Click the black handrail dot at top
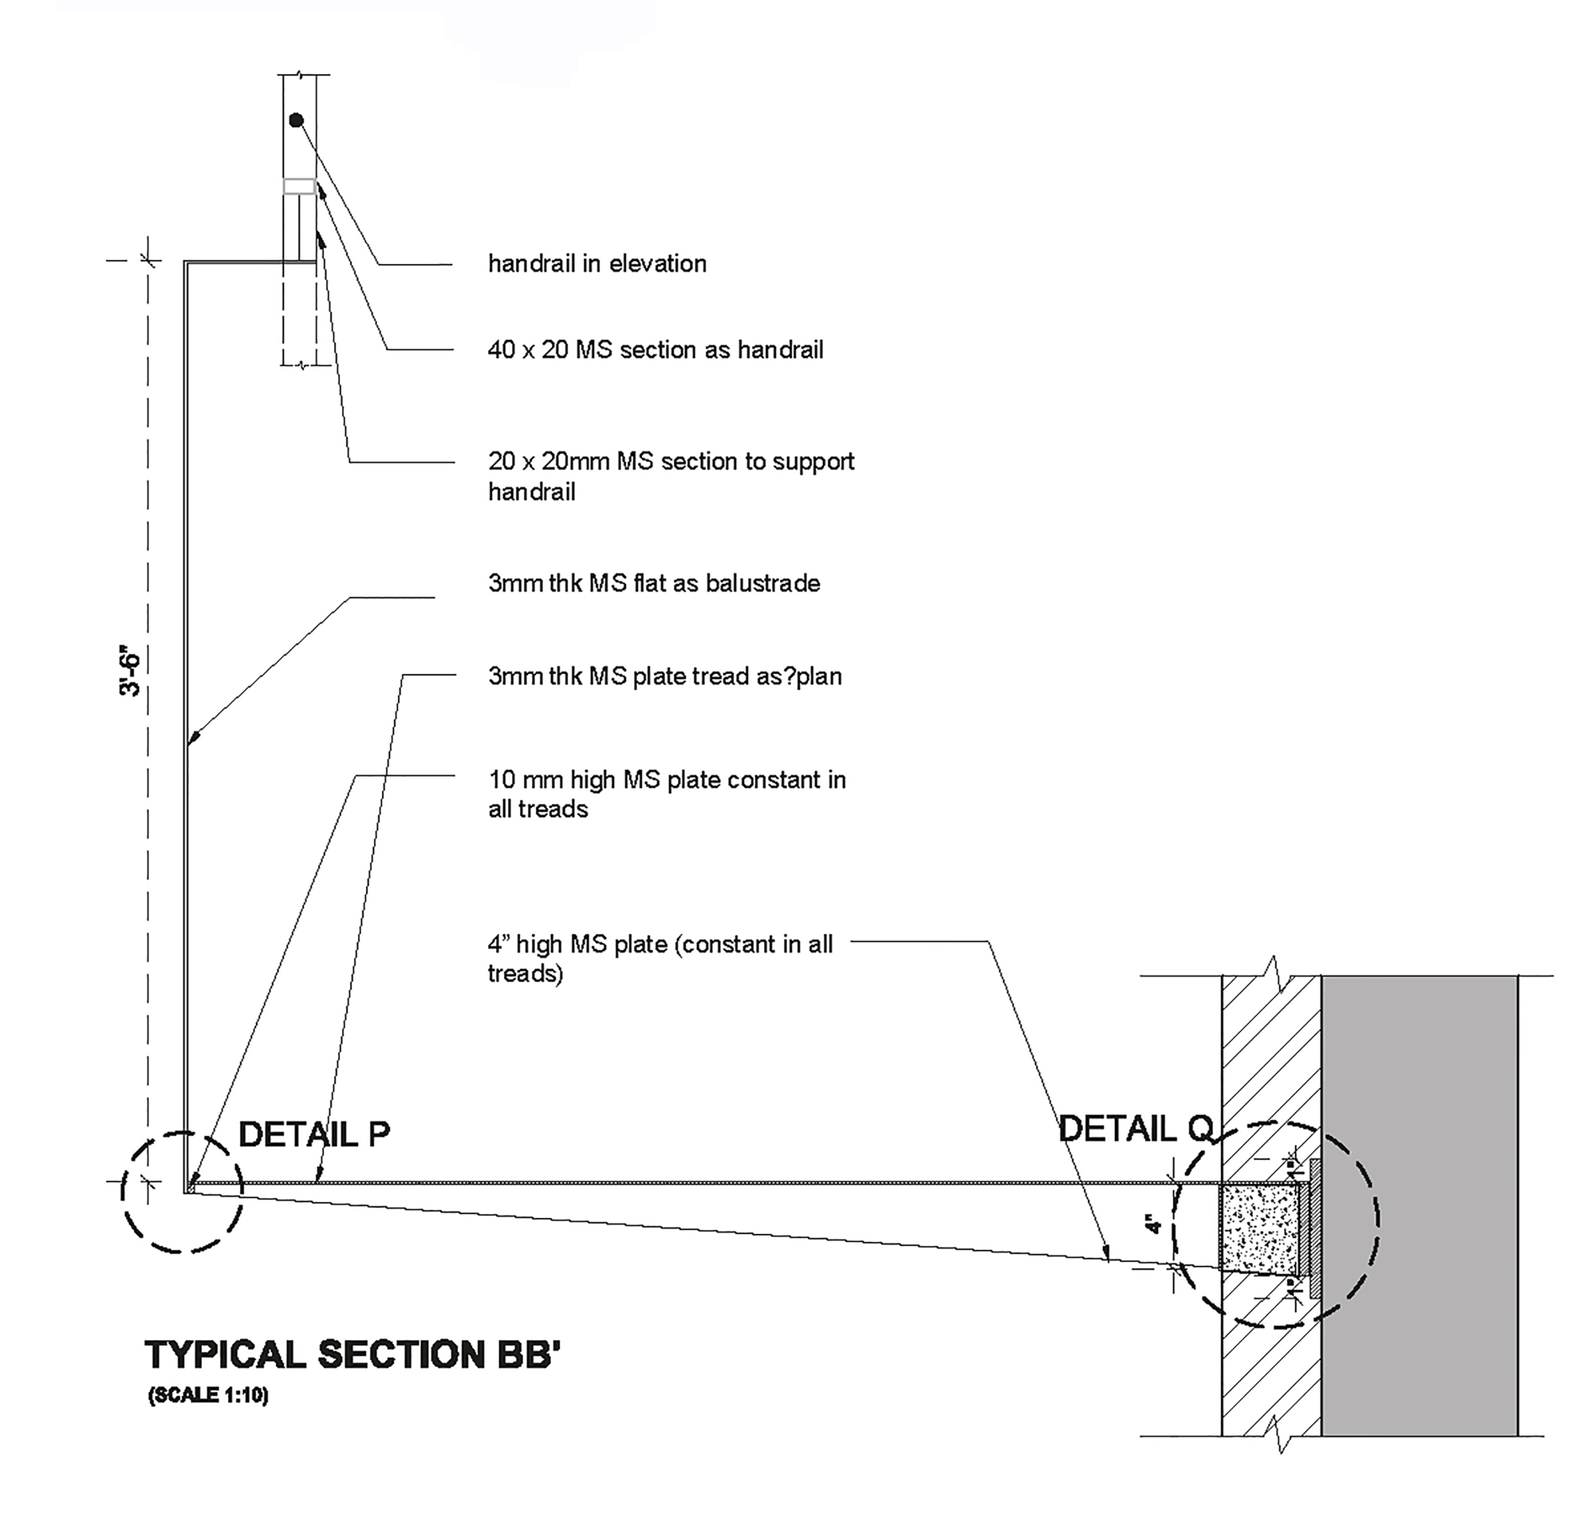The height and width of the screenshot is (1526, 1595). (296, 120)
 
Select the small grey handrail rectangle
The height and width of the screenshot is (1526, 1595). (299, 187)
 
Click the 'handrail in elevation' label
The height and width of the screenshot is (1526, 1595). (597, 263)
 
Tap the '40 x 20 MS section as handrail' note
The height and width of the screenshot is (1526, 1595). (656, 349)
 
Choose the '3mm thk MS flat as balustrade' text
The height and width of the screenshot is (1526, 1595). (654, 583)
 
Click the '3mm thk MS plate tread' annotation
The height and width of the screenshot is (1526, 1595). (664, 676)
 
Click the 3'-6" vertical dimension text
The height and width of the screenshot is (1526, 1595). (130, 674)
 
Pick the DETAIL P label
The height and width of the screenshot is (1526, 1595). (314, 1134)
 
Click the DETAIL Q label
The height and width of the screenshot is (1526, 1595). (1136, 1129)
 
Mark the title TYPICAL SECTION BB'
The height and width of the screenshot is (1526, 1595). (353, 1355)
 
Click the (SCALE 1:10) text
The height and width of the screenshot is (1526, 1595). (208, 1395)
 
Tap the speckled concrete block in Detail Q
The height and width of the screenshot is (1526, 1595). (1258, 1228)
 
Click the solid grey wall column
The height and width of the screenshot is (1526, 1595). (1420, 1204)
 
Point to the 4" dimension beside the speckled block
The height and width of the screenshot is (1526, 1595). (1153, 1224)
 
